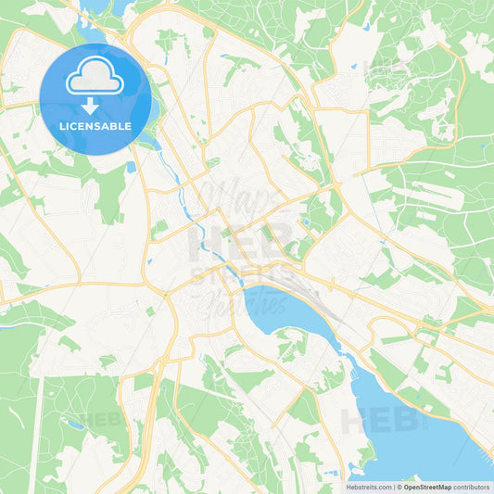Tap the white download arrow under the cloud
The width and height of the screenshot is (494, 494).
(95, 105)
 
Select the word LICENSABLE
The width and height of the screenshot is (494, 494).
(95, 126)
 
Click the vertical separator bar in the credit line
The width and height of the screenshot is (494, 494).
(396, 487)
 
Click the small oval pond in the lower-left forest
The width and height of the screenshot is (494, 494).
(75, 425)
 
